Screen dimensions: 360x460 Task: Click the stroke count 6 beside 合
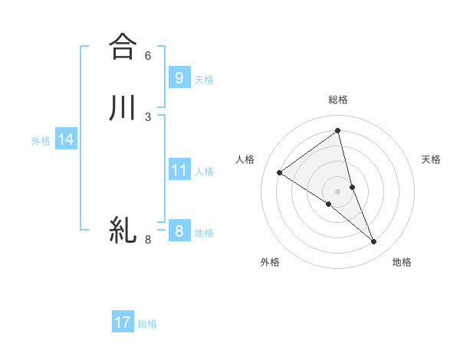click(x=148, y=56)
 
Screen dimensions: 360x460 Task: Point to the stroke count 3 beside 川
click(x=148, y=116)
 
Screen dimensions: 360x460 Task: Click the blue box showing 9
click(x=179, y=77)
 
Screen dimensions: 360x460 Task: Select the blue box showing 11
click(x=179, y=169)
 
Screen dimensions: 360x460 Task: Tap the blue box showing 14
click(x=66, y=139)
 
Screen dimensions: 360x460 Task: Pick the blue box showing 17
click(x=123, y=322)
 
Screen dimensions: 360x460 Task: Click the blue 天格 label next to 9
click(x=204, y=80)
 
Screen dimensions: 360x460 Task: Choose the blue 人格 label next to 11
click(x=204, y=172)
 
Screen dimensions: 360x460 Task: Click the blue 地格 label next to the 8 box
click(x=204, y=233)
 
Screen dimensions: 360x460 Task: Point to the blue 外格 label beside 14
click(x=41, y=141)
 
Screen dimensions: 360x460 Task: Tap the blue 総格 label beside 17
click(x=147, y=324)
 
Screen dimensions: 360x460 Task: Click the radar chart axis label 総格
click(x=338, y=100)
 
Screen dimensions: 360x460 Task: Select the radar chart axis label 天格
click(x=432, y=159)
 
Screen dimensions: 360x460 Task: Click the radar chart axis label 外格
click(x=270, y=262)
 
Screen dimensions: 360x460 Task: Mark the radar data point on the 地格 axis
click(x=374, y=242)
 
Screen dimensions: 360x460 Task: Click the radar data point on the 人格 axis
click(x=279, y=172)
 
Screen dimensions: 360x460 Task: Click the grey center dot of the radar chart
click(x=338, y=191)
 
